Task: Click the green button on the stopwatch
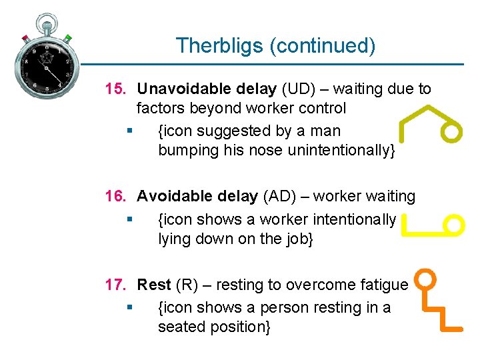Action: [67, 38]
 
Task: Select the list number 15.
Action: [117, 89]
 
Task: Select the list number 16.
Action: [117, 197]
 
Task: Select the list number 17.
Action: [117, 285]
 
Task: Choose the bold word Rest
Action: [154, 285]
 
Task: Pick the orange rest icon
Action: [437, 300]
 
